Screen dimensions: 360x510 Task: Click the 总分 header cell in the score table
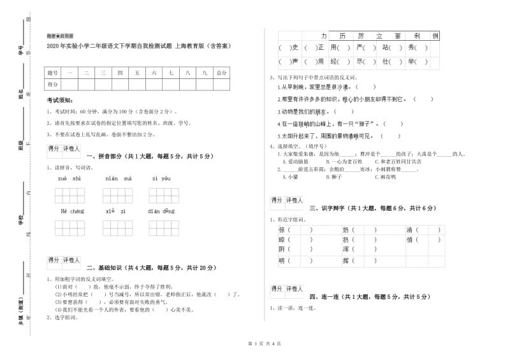pyautogui.click(x=221, y=73)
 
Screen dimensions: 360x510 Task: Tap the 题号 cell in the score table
pyautogui.click(x=53, y=73)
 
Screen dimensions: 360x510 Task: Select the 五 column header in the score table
pyautogui.click(x=137, y=73)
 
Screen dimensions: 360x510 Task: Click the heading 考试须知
pyautogui.click(x=60, y=101)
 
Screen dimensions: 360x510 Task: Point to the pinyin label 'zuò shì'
pyautogui.click(x=69, y=178)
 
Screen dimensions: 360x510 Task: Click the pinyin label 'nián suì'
pyautogui.click(x=118, y=178)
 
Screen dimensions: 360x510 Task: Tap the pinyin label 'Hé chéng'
pyautogui.click(x=72, y=211)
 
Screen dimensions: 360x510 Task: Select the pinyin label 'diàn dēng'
pyautogui.click(x=161, y=211)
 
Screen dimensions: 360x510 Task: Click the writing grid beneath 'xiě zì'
pyautogui.click(x=118, y=227)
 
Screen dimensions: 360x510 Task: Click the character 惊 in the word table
pyautogui.click(x=282, y=229)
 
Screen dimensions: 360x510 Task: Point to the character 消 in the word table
pyautogui.click(x=409, y=229)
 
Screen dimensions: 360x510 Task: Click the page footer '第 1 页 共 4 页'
pyautogui.click(x=255, y=344)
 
